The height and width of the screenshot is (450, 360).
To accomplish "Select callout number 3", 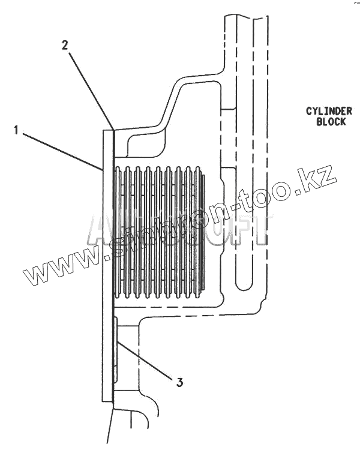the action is (x=179, y=380).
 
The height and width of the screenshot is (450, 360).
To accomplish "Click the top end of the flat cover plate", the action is (x=108, y=130).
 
